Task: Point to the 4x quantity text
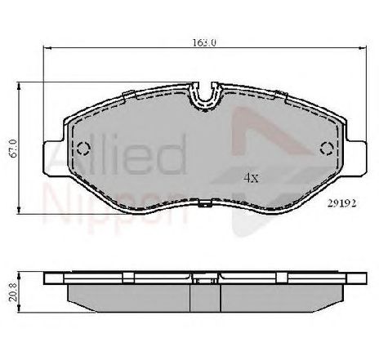(x=252, y=176)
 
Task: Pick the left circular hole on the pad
(x=83, y=148)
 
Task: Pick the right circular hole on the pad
(x=327, y=148)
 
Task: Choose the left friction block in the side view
(x=131, y=295)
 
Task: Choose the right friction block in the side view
(x=278, y=295)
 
